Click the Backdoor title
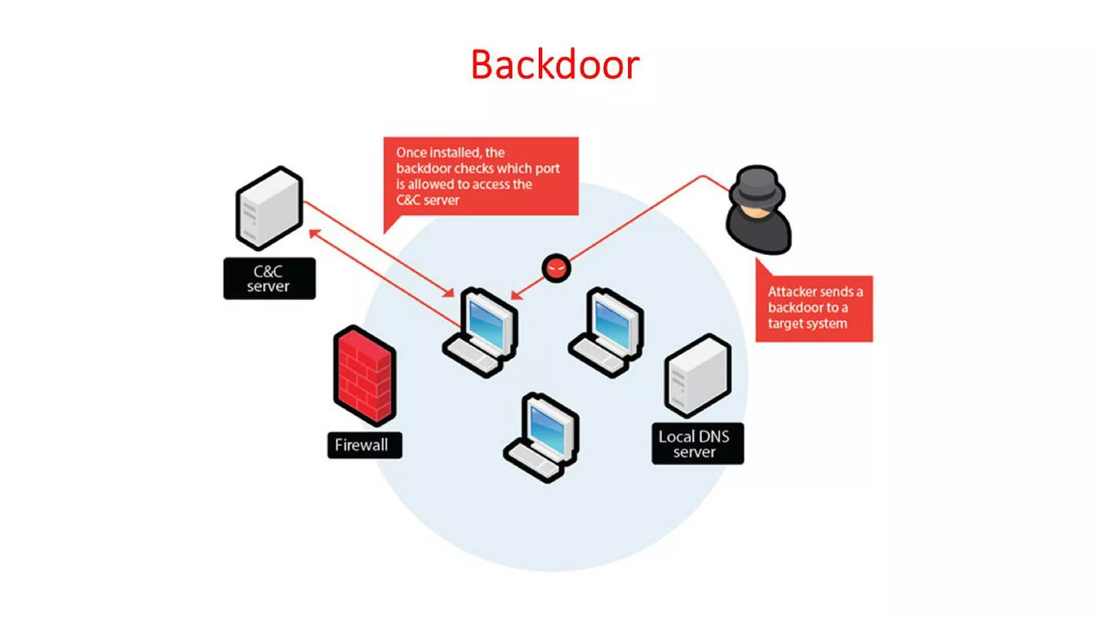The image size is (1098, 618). click(555, 65)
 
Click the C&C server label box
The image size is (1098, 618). click(269, 278)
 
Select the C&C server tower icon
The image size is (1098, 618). click(269, 208)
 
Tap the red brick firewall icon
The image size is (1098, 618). click(365, 376)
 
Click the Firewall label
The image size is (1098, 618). click(364, 445)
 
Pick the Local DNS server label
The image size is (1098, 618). click(697, 444)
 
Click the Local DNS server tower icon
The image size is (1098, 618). click(698, 376)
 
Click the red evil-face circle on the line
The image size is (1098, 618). click(556, 268)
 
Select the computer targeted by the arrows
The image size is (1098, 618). click(483, 333)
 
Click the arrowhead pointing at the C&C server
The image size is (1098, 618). click(314, 233)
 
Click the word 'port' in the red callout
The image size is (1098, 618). click(547, 168)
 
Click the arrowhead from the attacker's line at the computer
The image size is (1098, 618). click(516, 295)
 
